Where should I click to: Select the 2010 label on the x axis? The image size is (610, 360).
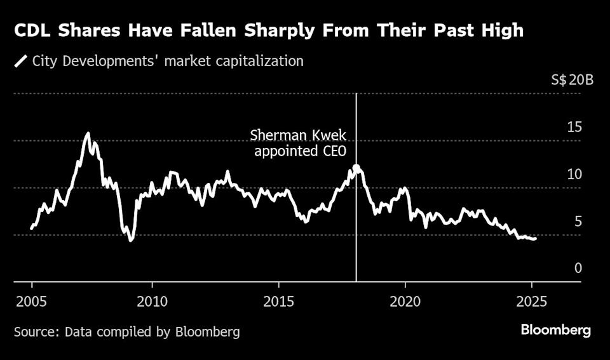tap(152, 300)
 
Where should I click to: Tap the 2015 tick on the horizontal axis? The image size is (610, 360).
tap(279, 300)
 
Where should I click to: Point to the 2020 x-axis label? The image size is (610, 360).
tap(405, 300)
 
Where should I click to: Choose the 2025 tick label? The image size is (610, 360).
tap(532, 300)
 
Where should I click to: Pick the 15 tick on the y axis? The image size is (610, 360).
tap(574, 128)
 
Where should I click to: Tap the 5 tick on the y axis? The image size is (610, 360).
tap(578, 222)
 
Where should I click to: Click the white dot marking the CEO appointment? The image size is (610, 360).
tap(356, 168)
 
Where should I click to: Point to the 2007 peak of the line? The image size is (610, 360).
tap(88, 133)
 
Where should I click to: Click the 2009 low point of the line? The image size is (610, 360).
tap(131, 240)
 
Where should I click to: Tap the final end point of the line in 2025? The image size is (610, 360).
tap(535, 239)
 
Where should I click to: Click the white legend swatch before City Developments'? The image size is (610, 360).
tap(21, 62)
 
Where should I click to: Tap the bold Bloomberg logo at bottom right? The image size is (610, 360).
tap(555, 330)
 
